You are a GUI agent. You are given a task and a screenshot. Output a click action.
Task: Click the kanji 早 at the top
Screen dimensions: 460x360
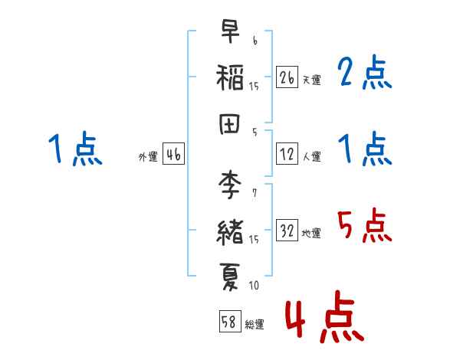(230, 31)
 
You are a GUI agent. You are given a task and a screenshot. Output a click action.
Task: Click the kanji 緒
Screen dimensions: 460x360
(230, 231)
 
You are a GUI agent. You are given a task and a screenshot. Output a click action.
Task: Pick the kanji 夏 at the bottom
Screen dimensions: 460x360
(230, 275)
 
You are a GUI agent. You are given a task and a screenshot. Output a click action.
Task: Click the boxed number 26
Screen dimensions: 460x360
(287, 77)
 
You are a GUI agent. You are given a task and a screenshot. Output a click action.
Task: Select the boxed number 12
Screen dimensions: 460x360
(287, 154)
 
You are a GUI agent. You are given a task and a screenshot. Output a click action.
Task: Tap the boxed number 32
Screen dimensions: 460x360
(287, 231)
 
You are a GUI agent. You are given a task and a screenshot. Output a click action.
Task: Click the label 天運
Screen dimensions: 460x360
(311, 80)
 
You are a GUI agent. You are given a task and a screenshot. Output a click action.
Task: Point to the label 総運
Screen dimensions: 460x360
(254, 324)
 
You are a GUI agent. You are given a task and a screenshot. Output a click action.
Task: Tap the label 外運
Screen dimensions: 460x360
(148, 157)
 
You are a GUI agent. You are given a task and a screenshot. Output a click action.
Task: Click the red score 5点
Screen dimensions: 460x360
(364, 226)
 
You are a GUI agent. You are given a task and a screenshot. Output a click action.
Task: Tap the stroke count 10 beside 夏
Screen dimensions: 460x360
(254, 286)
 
